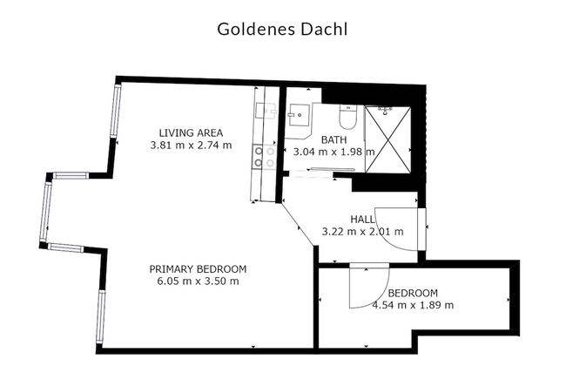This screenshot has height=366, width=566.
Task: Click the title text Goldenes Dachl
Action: [283, 29]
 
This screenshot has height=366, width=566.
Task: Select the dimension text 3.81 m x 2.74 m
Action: [191, 145]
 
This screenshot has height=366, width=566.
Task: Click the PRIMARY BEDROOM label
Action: [198, 268]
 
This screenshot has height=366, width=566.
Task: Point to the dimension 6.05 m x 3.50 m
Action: [198, 281]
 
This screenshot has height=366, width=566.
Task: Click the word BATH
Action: [334, 139]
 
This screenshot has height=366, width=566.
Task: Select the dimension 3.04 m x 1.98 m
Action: [334, 152]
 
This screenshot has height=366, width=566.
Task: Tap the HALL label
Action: [363, 220]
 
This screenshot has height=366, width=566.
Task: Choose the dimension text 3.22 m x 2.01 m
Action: [363, 232]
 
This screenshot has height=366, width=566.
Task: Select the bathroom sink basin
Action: [299, 116]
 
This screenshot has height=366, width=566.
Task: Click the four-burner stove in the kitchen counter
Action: [264, 157]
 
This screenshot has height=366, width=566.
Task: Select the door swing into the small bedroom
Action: [366, 288]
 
